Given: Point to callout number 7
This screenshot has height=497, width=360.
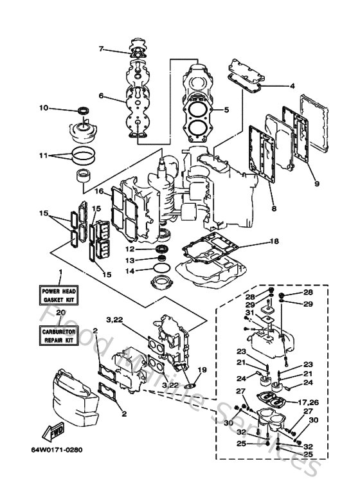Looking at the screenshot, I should point(101,49).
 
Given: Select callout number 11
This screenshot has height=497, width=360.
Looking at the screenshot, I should point(43,155).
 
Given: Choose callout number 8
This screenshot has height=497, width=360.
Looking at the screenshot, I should point(274,208).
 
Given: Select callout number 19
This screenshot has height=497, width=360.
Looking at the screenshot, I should point(203,370).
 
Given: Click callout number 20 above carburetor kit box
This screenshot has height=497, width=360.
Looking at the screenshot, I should point(60,313).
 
